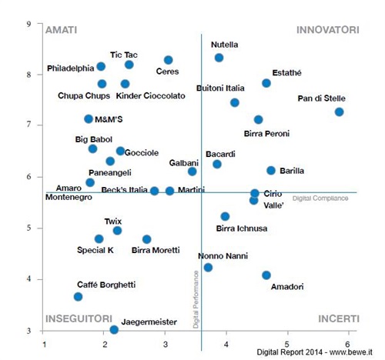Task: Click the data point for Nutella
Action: (219, 58)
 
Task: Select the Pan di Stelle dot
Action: (339, 112)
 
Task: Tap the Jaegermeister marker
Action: (114, 330)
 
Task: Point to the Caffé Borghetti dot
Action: (78, 297)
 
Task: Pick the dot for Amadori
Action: (266, 275)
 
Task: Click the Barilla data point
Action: (271, 171)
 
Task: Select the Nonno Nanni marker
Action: (208, 268)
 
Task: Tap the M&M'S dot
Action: (89, 119)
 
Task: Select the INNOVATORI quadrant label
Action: (327, 30)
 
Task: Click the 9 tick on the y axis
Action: (28, 24)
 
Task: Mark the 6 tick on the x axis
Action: (347, 344)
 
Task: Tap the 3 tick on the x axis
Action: (166, 344)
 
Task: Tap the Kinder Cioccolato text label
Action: (151, 96)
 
